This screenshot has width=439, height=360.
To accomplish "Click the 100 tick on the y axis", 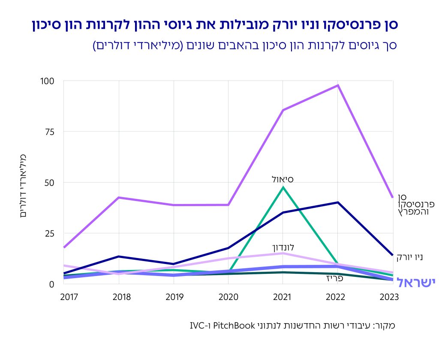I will coord(48,81).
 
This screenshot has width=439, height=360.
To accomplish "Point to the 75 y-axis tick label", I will coord(50,132).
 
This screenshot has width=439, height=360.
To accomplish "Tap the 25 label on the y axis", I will coord(50,233).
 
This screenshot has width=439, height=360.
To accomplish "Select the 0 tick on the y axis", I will coord(52,284).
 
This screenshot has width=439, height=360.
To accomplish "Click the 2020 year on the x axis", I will coord(228,297).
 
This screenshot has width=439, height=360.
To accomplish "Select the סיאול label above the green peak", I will coord(283,179).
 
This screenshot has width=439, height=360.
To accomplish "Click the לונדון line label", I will coord(283,247).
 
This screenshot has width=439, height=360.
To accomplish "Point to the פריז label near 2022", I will coord(335,278).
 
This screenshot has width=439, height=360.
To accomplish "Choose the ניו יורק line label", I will coord(409,257).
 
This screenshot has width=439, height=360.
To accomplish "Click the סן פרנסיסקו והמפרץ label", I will coord(413,204).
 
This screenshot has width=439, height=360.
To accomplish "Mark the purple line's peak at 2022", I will coord(338,85).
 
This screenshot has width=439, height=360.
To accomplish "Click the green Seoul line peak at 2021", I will coord(283,187).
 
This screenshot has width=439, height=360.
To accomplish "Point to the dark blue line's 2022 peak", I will coord(338,202).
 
